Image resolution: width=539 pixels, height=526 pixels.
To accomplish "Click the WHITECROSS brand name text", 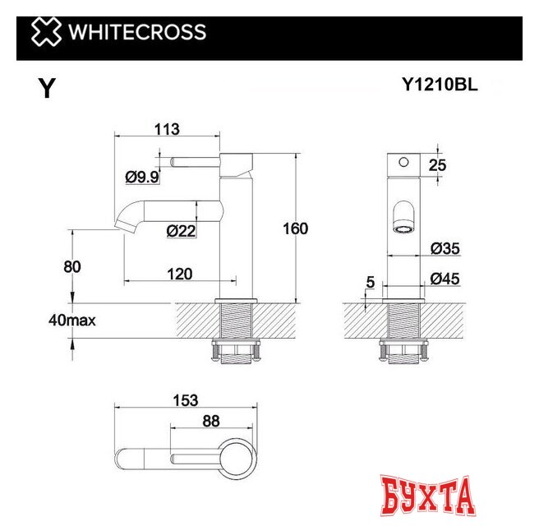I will click(136, 33).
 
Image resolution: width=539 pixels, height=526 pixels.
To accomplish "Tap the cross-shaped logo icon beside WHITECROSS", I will click(45, 33).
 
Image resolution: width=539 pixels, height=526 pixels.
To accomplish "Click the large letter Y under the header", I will click(48, 89).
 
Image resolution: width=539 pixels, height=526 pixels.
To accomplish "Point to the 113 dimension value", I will click(167, 129).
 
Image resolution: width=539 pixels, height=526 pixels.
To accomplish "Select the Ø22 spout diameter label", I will click(181, 231).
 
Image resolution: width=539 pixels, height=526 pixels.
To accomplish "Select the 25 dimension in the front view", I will click(437, 165).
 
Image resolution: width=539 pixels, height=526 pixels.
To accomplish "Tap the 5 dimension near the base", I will click(370, 282).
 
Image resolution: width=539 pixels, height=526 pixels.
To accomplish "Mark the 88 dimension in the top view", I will click(210, 421).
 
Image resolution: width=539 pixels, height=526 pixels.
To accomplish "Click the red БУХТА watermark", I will click(429, 494).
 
